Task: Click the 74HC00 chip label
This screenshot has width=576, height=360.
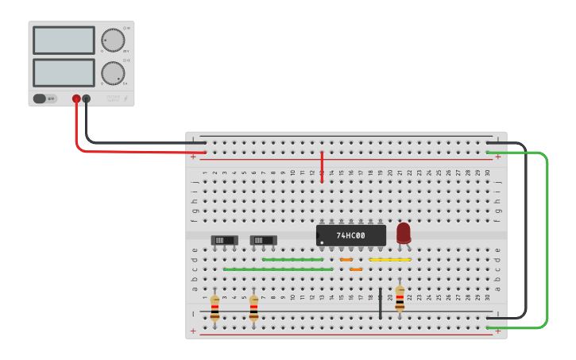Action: pos(350,235)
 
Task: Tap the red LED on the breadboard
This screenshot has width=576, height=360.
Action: pos(404,232)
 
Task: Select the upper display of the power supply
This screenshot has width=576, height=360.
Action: pos(64,40)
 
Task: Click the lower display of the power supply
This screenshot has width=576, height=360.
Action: pos(64,72)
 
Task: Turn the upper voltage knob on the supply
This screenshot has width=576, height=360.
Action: pos(113,41)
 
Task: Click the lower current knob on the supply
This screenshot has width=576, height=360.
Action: pos(113,73)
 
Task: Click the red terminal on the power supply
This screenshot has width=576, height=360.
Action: pos(76,99)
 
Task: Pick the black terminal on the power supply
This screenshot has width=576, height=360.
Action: pos(87,99)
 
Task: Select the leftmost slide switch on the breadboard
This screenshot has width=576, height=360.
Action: pos(224,240)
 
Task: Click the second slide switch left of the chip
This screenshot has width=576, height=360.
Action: pos(263,240)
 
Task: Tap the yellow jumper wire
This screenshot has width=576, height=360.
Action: pos(390,259)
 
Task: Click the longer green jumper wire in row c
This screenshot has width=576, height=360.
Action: pos(278,269)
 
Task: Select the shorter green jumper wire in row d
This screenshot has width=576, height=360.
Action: pos(292,259)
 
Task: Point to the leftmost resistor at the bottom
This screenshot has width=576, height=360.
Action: pos(215,308)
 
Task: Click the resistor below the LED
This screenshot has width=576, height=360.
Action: pos(400,299)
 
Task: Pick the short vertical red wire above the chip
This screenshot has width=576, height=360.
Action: pos(322,167)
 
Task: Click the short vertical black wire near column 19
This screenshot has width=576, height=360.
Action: pos(381,304)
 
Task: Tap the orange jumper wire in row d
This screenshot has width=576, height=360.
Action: pos(346,259)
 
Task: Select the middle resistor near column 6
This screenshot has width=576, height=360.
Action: pos(253,308)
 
